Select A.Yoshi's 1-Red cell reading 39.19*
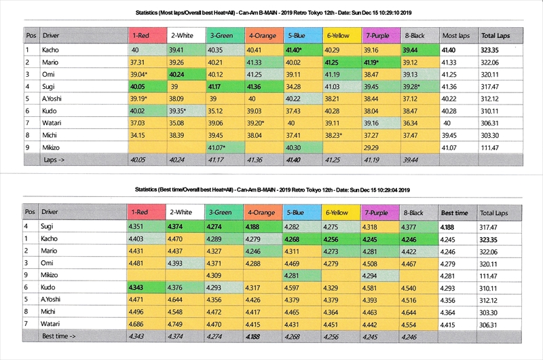tap(143, 98)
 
